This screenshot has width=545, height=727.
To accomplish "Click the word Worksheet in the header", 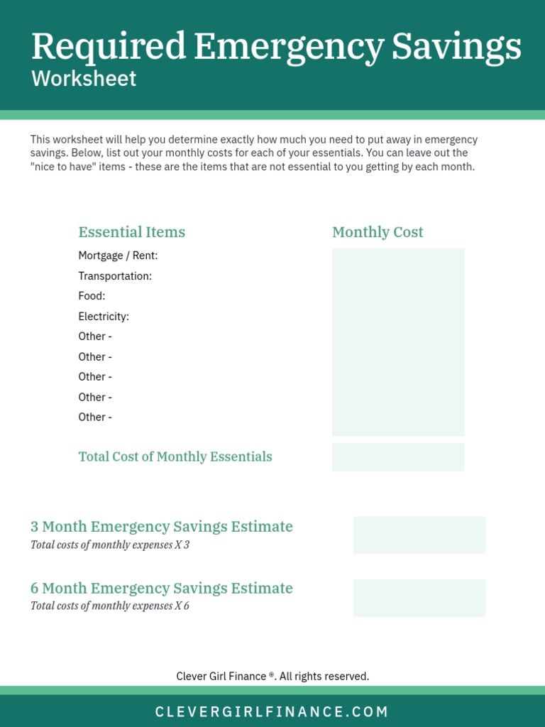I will click(84, 78).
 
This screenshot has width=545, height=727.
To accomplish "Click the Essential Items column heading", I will click(131, 232).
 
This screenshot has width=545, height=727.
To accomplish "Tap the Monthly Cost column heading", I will click(378, 232).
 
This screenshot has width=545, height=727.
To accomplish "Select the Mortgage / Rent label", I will click(118, 256).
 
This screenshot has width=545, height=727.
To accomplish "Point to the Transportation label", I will click(115, 275).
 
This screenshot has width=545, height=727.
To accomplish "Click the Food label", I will click(92, 296).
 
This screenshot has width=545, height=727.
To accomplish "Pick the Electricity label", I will click(104, 316).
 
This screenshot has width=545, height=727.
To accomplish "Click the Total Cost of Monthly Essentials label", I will click(175, 457).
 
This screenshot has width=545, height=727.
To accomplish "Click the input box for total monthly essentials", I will click(398, 457).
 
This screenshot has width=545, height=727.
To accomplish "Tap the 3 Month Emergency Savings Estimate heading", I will click(162, 527).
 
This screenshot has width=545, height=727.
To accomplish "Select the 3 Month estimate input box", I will click(419, 535).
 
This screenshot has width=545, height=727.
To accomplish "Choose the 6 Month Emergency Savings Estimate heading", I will click(162, 588).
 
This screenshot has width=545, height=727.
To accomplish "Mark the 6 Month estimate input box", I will click(419, 598).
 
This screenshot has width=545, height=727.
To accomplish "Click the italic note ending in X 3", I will click(110, 545).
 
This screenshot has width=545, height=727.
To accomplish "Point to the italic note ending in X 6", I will click(110, 606).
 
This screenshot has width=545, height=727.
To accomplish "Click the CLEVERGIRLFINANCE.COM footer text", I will click(272, 711).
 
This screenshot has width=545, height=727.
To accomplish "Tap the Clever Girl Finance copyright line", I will click(272, 677).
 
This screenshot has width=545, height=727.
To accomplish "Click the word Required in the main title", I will click(108, 48).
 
